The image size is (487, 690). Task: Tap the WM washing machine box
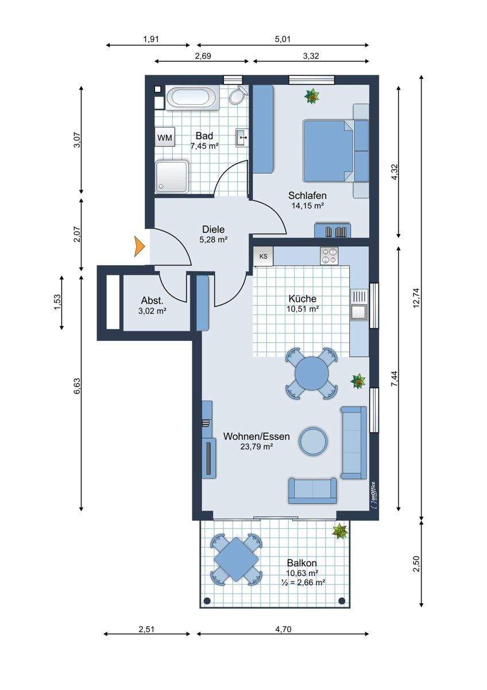pos(165,137)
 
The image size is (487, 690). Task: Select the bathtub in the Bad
pos(192,97)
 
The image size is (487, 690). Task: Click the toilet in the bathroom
pos(238,95)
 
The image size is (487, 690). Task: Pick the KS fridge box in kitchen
pos(263,256)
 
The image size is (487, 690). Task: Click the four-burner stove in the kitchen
pos(329,256)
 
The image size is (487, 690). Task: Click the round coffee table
pos(314,441)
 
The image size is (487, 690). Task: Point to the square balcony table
pos(236,558)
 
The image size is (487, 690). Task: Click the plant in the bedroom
pos(312,97)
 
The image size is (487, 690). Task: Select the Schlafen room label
pos(307,195)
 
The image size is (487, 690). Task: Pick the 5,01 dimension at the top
pos(281,39)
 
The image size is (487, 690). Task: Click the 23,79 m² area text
pos(257,446)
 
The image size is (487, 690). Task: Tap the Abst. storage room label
pos(152,300)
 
